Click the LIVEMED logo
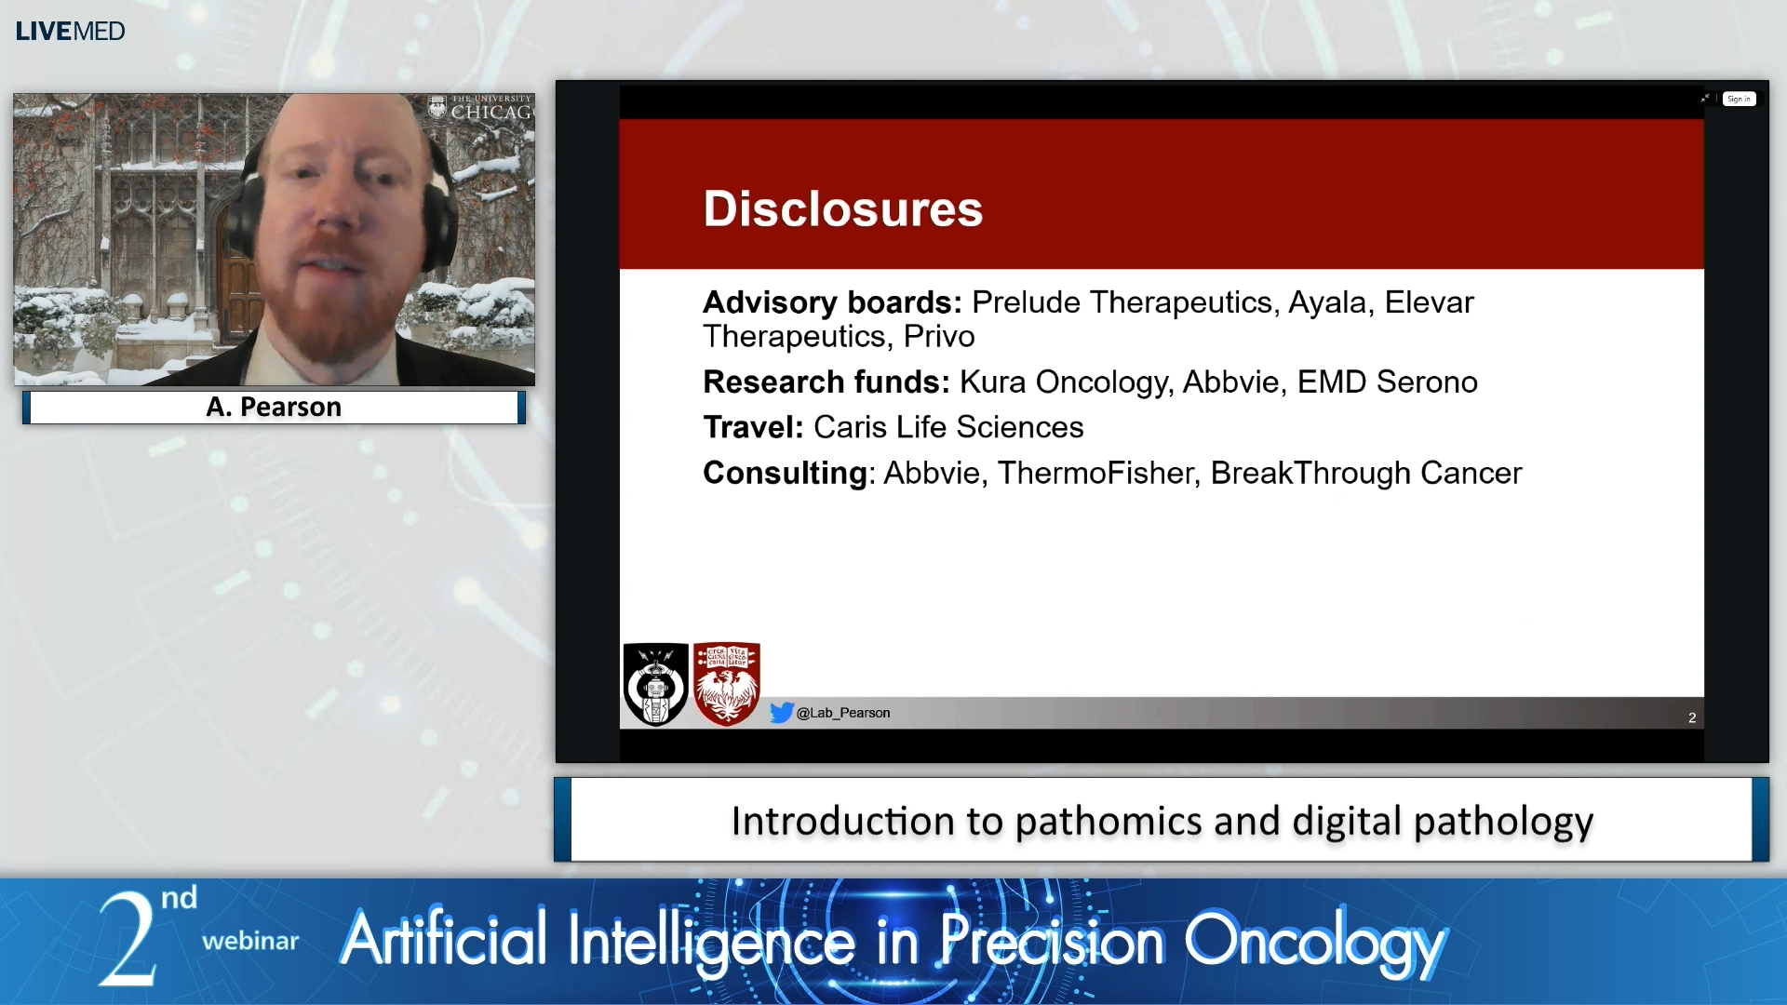70,32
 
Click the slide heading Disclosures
842,208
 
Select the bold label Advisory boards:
831,302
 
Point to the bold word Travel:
753,427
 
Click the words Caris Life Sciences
947,427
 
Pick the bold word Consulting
785,473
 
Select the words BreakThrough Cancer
1365,473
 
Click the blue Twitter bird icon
782,713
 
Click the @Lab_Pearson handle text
843,713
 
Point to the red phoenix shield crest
727,684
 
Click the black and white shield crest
655,684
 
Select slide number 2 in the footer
1691,717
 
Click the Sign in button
1738,99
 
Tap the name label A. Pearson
274,407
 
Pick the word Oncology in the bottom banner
1313,942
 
